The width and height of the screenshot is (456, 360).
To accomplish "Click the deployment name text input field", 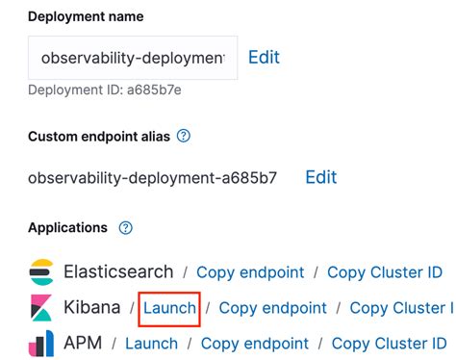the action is [x=132, y=58].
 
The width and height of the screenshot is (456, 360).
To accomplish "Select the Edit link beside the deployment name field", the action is [x=264, y=57].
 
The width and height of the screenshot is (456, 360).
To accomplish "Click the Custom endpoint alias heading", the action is [x=98, y=136].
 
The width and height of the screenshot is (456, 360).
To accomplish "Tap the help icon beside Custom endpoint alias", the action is [x=184, y=136].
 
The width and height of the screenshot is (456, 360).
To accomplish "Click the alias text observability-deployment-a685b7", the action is [x=152, y=178].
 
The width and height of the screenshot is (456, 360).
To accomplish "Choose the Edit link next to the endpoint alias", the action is [x=321, y=177].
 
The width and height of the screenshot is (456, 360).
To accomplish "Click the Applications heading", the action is [x=67, y=228].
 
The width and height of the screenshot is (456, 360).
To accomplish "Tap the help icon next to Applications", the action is [x=125, y=228].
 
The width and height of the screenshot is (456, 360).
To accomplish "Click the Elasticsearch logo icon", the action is [x=41, y=272].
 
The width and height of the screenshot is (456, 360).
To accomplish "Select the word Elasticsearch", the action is [x=118, y=272].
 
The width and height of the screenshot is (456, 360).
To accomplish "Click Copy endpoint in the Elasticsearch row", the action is [x=250, y=272].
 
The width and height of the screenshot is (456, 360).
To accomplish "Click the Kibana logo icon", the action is [x=41, y=308].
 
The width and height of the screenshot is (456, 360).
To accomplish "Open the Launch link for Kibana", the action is [x=170, y=308].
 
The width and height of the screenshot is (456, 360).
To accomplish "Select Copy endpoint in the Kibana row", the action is [x=273, y=308].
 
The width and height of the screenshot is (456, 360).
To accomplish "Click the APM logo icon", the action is [x=41, y=343].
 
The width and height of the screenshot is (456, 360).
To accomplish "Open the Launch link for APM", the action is [x=151, y=343].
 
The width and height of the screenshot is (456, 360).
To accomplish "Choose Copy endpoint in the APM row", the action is [x=255, y=343].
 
